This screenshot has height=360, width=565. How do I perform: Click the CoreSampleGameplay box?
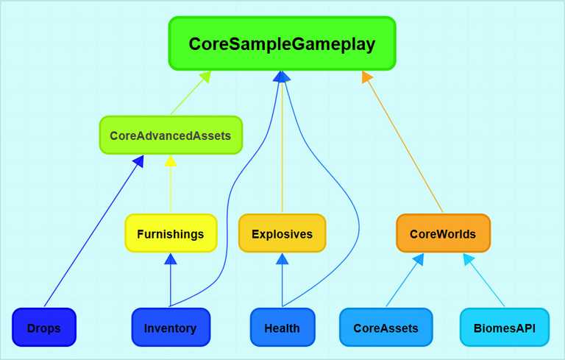pyautogui.click(x=282, y=43)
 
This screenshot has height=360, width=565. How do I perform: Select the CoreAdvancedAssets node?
pyautogui.click(x=171, y=135)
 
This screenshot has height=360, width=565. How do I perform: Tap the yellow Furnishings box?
pyautogui.click(x=171, y=233)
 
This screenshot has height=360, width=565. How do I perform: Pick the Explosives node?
pyautogui.click(x=282, y=233)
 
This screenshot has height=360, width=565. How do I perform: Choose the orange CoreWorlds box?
pyautogui.click(x=443, y=233)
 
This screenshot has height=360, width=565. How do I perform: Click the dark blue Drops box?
pyautogui.click(x=44, y=327)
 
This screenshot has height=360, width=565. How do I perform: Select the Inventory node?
pyautogui.click(x=171, y=327)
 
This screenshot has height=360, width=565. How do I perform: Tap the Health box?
pyautogui.click(x=282, y=327)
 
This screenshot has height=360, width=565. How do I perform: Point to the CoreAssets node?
pyautogui.click(x=386, y=327)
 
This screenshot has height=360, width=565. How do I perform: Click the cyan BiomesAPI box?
pyautogui.click(x=505, y=327)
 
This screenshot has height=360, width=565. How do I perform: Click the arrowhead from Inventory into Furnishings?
pyautogui.click(x=171, y=258)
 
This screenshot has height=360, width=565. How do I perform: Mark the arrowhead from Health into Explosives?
pyautogui.click(x=282, y=258)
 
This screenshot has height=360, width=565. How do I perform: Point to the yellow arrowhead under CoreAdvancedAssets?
pyautogui.click(x=171, y=161)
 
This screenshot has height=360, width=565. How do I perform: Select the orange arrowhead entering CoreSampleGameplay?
pyautogui.click(x=366, y=76)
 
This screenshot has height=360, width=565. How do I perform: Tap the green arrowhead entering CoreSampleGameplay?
pyautogui.click(x=205, y=77)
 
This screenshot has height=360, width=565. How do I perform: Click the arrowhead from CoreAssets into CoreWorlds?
pyautogui.click(x=419, y=258)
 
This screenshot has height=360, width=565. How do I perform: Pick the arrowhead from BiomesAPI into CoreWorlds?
pyautogui.click(x=468, y=258)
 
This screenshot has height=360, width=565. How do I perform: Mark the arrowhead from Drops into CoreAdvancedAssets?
pyautogui.click(x=139, y=161)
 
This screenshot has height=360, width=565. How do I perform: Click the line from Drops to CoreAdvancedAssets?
pyautogui.click(x=94, y=231)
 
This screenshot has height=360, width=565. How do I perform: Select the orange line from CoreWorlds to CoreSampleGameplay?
pyautogui.click(x=405, y=144)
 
